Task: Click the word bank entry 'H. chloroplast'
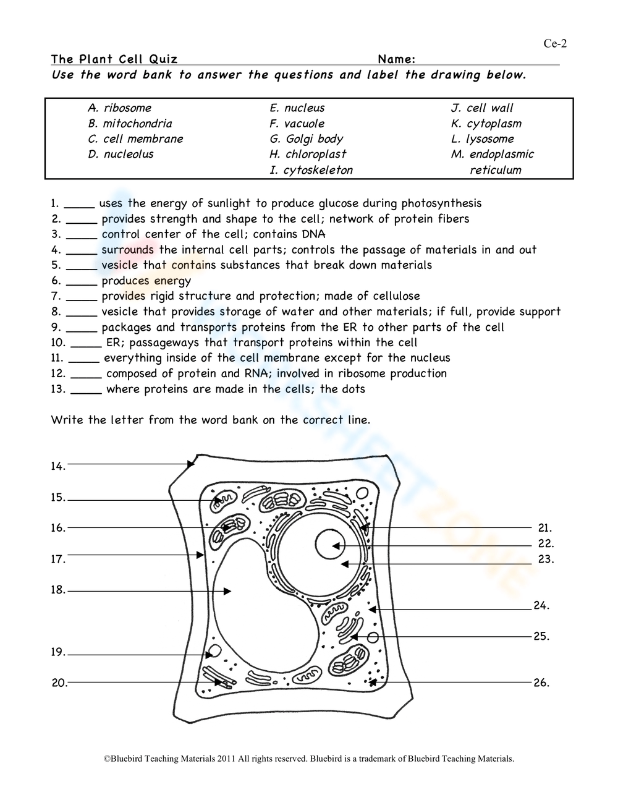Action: coord(308,155)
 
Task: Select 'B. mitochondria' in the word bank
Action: coord(130,124)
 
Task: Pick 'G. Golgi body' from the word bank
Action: coord(306,139)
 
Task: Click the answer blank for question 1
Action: coord(79,205)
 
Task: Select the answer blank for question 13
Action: coord(86,390)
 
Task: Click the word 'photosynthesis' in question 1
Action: coord(441,203)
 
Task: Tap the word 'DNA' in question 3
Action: coord(313,234)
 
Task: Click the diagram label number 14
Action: coord(58,467)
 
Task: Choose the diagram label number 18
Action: coord(58,590)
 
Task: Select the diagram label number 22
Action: coord(546,544)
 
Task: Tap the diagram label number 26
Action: coord(541,683)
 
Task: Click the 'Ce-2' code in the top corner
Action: coord(555,43)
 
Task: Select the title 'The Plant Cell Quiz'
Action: coord(114,59)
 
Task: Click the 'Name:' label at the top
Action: coord(396,59)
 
